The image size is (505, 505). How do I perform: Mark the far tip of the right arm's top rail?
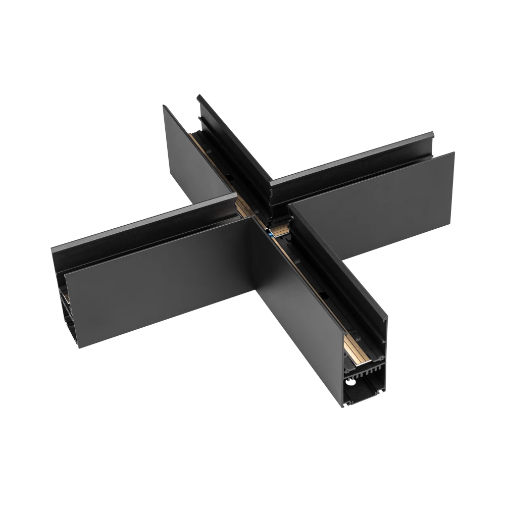pos(432,136)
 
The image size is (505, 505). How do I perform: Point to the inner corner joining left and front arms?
pos(252,222)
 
